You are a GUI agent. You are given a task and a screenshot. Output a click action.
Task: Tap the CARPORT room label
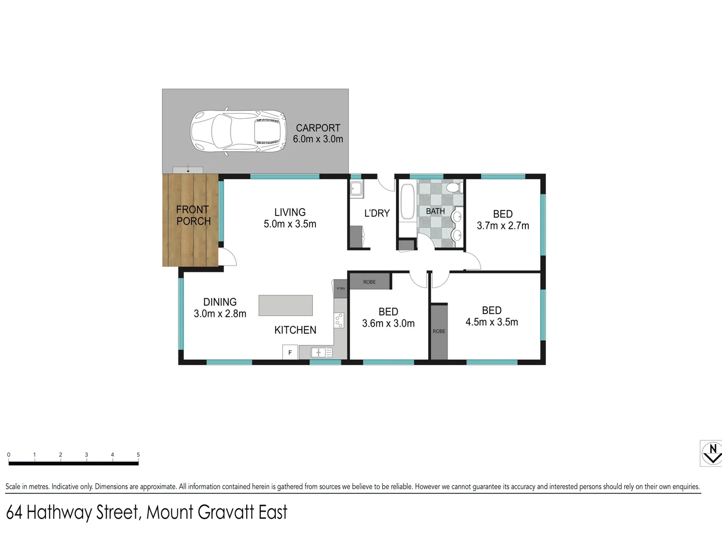pos(318,128)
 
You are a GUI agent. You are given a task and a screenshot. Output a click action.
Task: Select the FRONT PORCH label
pos(193,215)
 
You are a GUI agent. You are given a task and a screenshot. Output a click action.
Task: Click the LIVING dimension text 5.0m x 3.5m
pos(290,224)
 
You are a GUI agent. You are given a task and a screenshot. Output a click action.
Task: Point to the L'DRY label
pos(377,213)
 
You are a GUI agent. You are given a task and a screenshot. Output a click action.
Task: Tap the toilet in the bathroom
pos(454,187)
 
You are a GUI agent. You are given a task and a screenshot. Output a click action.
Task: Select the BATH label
pos(435,211)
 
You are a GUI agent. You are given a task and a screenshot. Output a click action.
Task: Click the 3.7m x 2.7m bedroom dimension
pos(502,226)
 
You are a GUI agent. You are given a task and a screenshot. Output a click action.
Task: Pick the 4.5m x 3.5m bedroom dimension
pos(491,322)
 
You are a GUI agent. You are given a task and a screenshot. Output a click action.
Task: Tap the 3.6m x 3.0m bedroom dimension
pos(388,324)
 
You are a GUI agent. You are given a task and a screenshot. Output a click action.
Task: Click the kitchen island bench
pos(285,305)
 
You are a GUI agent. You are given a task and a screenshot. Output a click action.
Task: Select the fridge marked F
pos(290,353)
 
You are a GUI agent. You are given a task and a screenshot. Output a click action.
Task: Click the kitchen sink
pos(321,353)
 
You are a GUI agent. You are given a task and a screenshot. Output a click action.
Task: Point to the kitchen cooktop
pos(339,320)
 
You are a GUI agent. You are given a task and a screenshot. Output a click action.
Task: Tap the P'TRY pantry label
pos(340,289)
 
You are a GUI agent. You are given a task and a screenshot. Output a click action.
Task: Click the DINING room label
pos(220,302)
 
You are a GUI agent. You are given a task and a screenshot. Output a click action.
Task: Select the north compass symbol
pos(711,453)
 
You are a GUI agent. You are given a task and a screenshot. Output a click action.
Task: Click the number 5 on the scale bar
pos(138,455)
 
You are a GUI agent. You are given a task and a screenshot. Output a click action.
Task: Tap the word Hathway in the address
pos(59,512)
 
